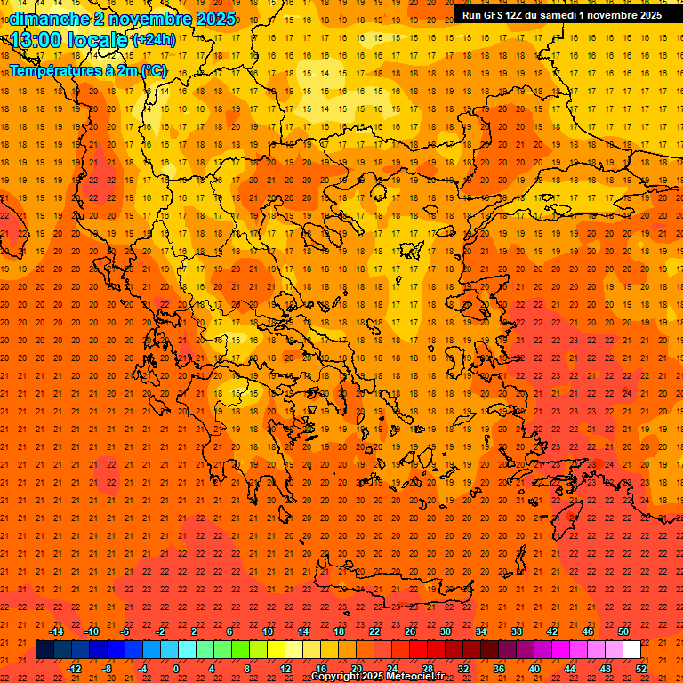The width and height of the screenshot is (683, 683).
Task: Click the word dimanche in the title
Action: tap(48, 19)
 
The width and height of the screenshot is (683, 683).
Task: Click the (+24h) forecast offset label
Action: tap(154, 40)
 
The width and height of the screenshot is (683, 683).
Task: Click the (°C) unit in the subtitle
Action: tap(152, 70)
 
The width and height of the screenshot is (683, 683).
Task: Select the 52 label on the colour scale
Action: tap(641, 668)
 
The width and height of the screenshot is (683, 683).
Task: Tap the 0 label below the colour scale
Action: tap(176, 668)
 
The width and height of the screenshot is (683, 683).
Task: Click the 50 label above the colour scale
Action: tap(623, 631)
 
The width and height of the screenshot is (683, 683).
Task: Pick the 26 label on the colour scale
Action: tap(410, 631)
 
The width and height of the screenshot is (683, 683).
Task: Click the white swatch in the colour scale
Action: tap(631, 650)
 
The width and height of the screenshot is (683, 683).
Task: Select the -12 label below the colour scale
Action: tap(74, 668)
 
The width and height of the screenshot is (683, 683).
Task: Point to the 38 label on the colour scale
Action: tap(517, 631)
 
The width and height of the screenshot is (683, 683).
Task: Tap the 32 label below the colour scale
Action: tap(463, 668)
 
